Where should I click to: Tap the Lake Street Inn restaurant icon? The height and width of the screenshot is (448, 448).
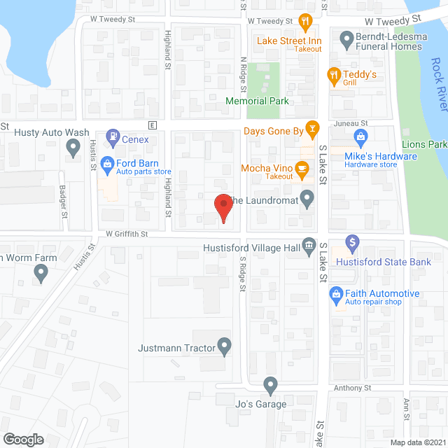point(304,22)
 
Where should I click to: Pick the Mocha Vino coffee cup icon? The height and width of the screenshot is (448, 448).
point(302,168)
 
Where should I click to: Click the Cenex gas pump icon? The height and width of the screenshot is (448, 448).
point(111,136)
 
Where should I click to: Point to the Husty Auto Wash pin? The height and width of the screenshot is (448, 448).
point(73,148)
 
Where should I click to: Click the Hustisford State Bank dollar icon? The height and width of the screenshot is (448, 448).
point(353,244)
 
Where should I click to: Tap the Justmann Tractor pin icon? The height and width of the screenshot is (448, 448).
point(224,346)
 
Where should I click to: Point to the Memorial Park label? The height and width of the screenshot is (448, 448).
point(257,101)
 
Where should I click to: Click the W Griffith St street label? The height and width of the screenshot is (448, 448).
point(128,234)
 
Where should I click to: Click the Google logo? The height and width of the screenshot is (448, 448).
point(22,439)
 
